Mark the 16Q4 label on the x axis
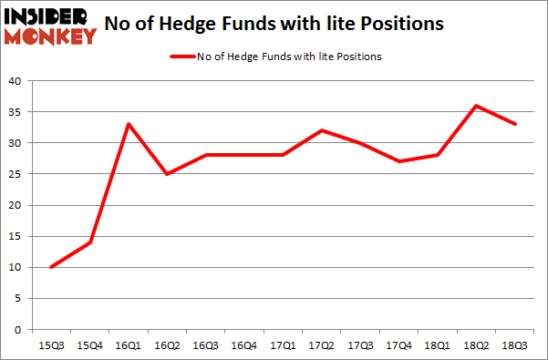click(x=244, y=345)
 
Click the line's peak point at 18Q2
click(x=477, y=106)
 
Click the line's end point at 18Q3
click(x=516, y=124)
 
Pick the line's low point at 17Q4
click(x=399, y=161)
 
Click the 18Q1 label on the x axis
click(x=439, y=345)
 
